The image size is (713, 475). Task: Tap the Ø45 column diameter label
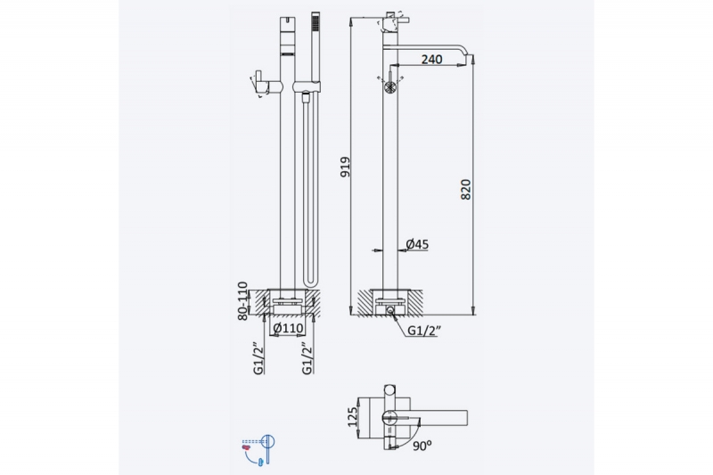(x=418, y=243)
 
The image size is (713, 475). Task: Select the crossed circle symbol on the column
(x=389, y=87)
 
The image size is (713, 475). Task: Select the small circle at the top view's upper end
(x=389, y=392)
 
